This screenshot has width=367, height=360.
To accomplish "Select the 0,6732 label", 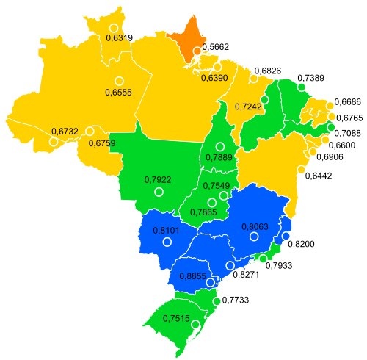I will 65,131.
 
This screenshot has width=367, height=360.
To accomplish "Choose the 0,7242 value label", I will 248,107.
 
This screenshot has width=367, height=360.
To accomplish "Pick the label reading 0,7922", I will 158,179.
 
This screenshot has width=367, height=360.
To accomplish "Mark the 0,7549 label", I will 217,185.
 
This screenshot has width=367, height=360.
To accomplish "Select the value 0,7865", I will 203,212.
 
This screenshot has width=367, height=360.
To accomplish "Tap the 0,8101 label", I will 167,231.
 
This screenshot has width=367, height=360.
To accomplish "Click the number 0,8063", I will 254,226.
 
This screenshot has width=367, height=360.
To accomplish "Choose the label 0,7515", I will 176,318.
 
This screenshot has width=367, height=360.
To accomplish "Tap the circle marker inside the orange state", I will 197,51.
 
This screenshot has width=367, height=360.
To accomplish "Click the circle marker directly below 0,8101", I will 167,242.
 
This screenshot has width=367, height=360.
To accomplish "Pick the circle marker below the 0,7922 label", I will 159,192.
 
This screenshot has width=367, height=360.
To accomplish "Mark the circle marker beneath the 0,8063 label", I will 254,237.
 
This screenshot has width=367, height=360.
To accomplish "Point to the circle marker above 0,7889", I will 219,146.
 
